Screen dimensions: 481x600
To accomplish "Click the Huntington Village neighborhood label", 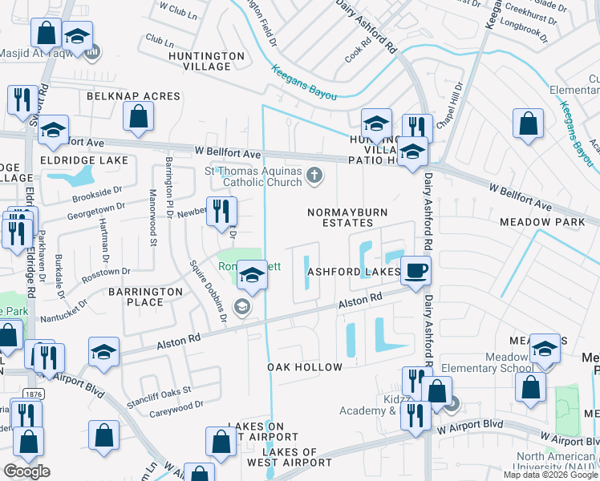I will click(x=206, y=61).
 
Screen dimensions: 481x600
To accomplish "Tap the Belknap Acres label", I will click(x=134, y=96).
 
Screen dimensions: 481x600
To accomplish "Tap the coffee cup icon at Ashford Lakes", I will click(x=416, y=270).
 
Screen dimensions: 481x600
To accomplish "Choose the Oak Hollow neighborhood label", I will click(x=305, y=367).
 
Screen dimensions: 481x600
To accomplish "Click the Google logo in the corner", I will click(x=26, y=471).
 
